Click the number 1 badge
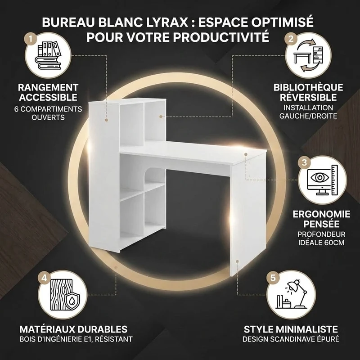[x=31, y=39]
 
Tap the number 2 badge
[x=291, y=39]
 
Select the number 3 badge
[x=304, y=162]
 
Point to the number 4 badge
[x=44, y=278]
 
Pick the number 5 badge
[x=273, y=278]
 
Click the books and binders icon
[x=48, y=55]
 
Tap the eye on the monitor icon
[x=320, y=177]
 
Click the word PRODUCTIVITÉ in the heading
[x=221, y=37]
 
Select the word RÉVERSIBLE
[x=308, y=97]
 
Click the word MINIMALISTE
[x=306, y=329]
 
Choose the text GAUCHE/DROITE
[x=308, y=116]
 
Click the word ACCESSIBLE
[x=48, y=97]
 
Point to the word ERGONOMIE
[x=321, y=214]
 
